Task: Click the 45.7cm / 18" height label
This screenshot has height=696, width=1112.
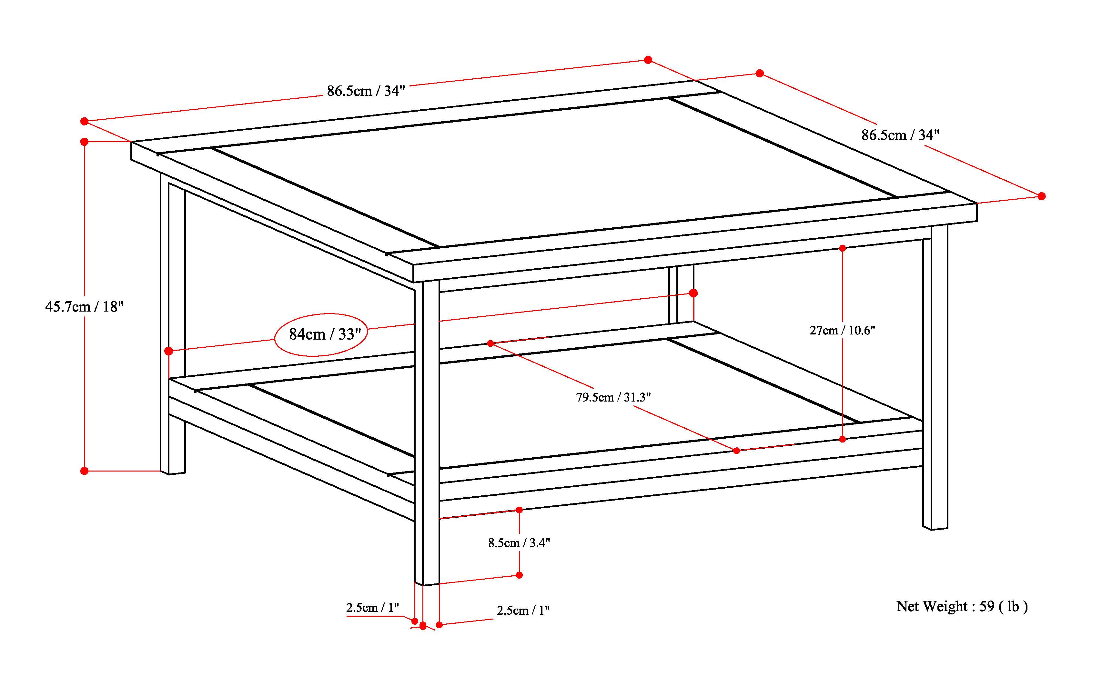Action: [x=84, y=307]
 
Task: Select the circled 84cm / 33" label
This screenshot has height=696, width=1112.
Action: [x=324, y=334]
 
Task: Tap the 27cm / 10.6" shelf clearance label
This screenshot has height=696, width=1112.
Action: [x=842, y=331]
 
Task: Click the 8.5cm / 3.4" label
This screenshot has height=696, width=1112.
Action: [x=519, y=543]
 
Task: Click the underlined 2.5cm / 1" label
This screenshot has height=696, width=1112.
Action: [x=372, y=608]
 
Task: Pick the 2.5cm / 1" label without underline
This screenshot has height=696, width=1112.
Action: [x=523, y=611]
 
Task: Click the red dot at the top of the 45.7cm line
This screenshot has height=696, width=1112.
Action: [x=84, y=142]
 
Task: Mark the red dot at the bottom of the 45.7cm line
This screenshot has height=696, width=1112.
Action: [x=84, y=471]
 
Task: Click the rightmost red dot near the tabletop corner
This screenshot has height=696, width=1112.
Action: [x=1042, y=196]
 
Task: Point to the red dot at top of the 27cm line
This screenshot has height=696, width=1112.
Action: [x=842, y=248]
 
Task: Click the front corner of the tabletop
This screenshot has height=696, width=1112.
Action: [x=413, y=266]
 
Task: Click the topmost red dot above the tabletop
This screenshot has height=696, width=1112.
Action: [x=648, y=60]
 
